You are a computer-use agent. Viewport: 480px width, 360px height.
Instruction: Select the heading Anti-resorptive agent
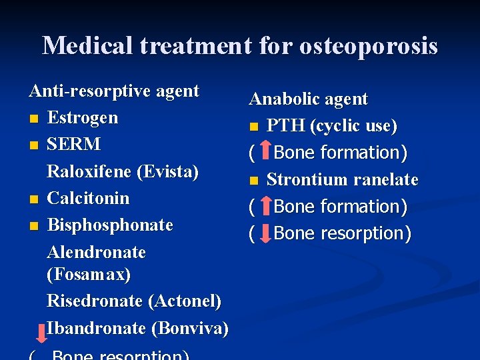tap(114, 91)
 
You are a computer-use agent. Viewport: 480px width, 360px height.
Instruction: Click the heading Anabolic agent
tap(308, 99)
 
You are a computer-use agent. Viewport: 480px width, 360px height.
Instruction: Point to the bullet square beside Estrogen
tap(33, 119)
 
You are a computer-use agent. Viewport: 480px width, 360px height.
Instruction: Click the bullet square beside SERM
tap(33, 145)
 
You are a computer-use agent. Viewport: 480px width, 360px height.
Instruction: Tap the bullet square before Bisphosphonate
tap(33, 226)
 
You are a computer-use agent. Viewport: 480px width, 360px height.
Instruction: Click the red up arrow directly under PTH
tap(265, 152)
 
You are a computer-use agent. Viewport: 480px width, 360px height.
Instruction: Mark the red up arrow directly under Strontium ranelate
tap(265, 206)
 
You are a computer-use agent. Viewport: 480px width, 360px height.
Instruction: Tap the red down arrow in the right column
tap(265, 233)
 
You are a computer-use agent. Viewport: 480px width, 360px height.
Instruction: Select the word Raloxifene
tap(89, 171)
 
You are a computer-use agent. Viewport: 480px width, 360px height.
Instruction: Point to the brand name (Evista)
tap(167, 171)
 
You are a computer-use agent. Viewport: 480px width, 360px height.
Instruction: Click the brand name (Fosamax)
tap(89, 274)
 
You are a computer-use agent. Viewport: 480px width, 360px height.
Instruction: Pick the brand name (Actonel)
tap(186, 301)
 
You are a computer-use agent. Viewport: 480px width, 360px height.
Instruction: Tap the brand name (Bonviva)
tap(190, 328)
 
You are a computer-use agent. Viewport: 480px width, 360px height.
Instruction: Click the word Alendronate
tap(97, 252)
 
